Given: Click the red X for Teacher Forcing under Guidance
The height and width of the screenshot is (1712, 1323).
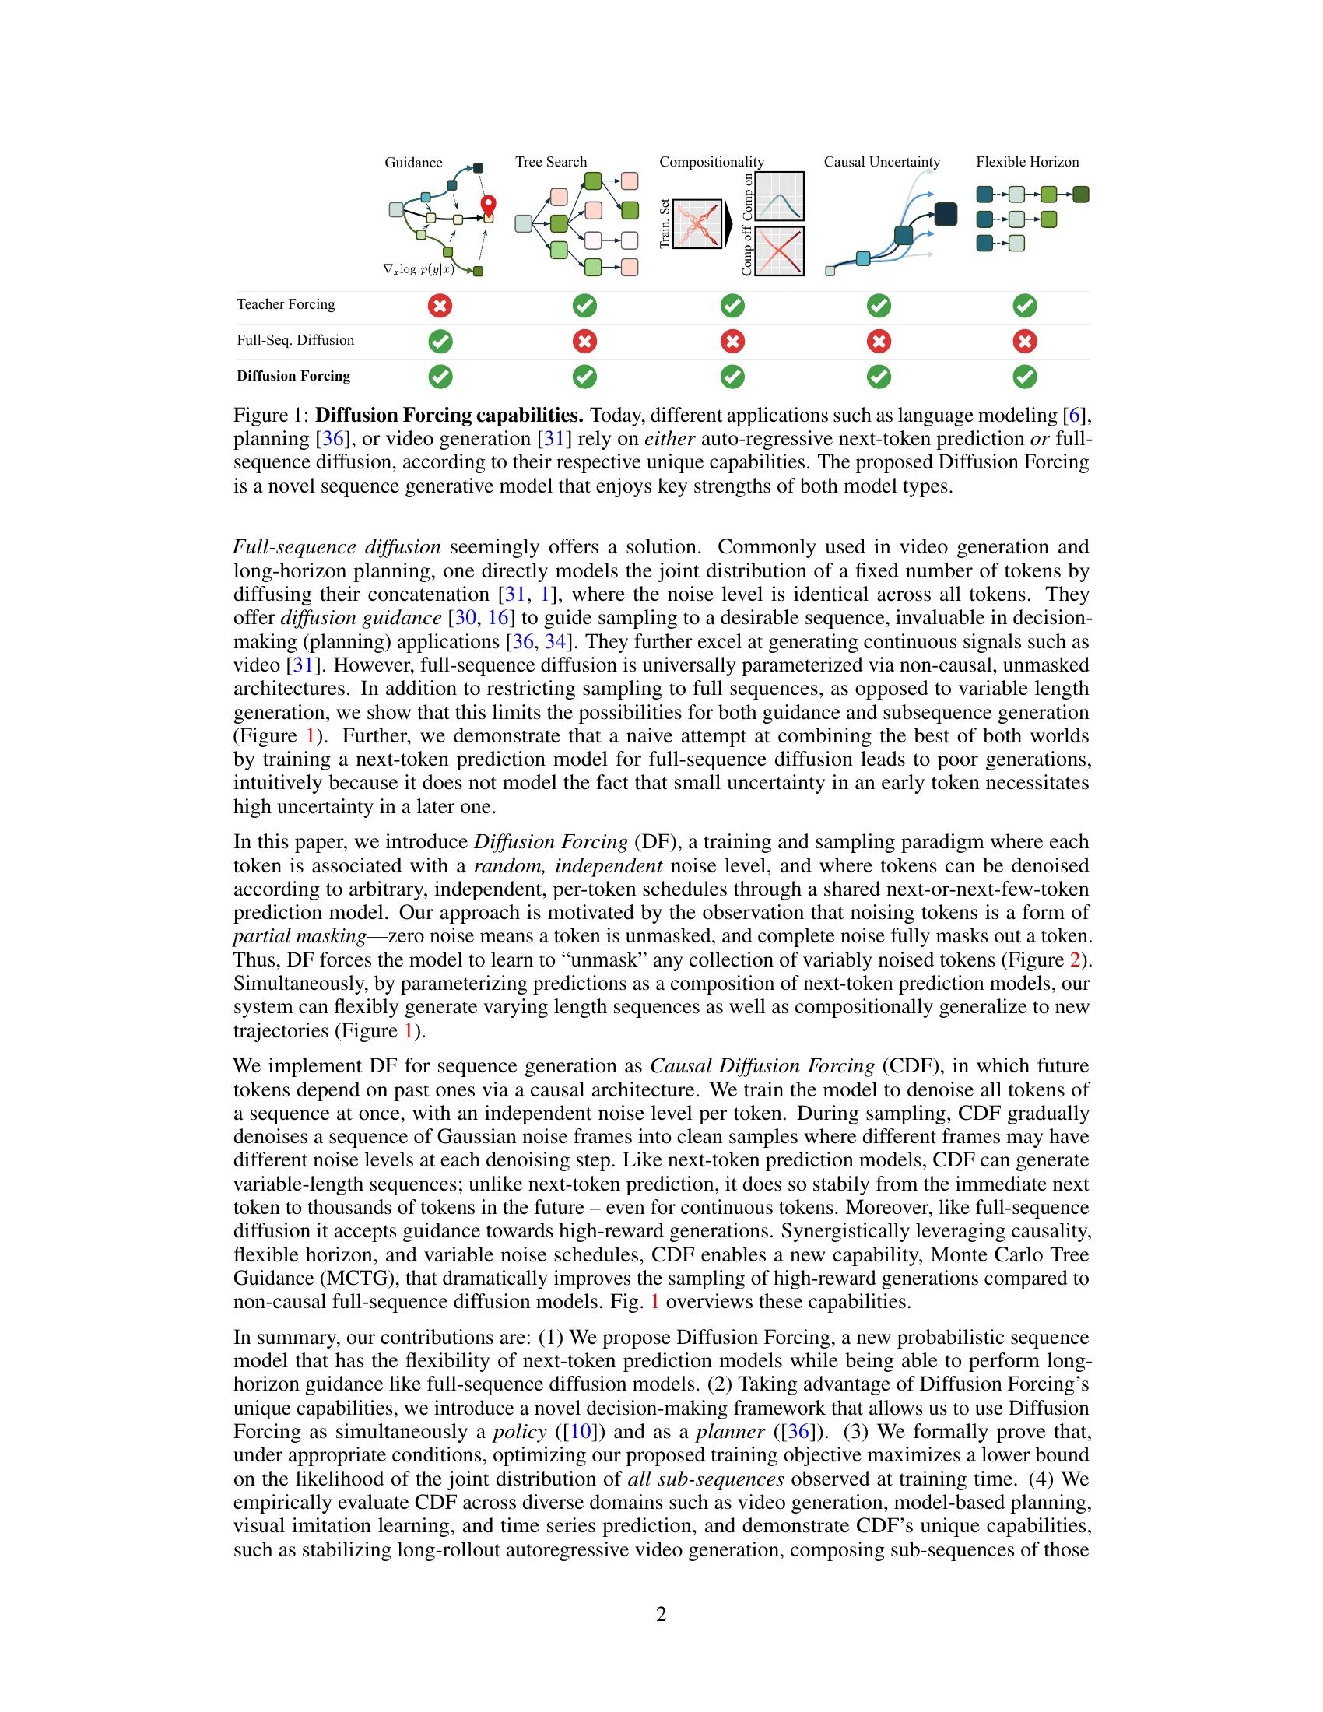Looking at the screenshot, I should pos(440,305).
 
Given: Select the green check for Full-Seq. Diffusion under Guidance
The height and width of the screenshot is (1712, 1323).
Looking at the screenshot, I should pos(440,341).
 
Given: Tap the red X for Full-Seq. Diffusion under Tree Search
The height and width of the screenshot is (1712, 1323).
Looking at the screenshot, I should pos(584,341).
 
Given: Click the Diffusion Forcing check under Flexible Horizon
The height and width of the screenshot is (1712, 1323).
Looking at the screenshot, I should pos(1025,377).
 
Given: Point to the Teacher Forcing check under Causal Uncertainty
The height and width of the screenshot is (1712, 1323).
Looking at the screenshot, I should pos(879,305).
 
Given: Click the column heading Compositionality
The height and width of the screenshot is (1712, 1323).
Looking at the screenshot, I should pos(711,163).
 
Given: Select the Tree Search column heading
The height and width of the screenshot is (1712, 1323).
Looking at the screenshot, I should pos(551,163).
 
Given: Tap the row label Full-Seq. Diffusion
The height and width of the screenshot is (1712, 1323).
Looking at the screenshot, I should pos(296,340).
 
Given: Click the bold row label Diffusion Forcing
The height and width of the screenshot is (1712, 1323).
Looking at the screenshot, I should pos(293,377).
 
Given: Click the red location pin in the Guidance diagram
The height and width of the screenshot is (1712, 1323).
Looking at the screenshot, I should pos(489,205).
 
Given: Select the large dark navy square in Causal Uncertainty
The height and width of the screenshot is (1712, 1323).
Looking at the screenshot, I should pos(946,214).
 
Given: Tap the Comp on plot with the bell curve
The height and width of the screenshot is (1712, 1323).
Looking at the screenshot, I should pos(779,196).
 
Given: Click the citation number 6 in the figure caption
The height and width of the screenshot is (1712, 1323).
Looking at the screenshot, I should pos(1074,415).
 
